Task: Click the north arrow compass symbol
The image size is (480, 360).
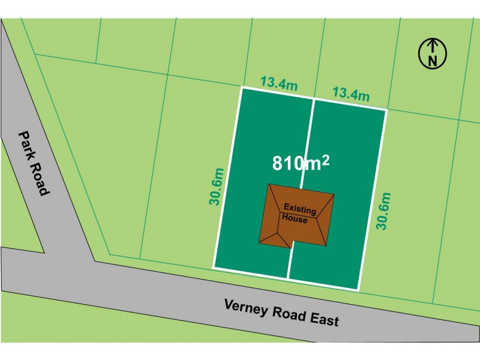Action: point(432,52)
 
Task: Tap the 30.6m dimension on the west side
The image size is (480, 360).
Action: point(217,186)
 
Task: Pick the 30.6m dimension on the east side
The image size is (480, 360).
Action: point(383,211)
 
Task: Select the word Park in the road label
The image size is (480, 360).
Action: point(26,143)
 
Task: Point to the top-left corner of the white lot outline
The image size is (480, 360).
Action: point(242,88)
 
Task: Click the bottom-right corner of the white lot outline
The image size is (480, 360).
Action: point(359,290)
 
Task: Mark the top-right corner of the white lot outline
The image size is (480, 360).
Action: point(385,110)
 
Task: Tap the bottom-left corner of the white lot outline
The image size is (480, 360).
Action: point(214,267)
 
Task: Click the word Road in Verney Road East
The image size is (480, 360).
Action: point(284,313)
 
